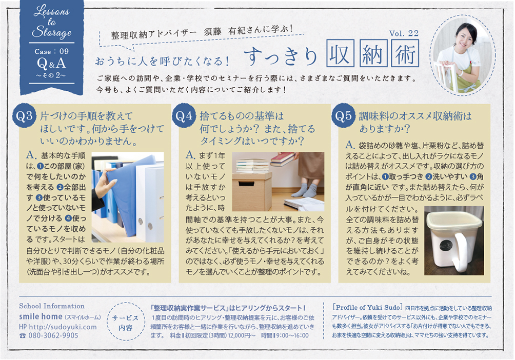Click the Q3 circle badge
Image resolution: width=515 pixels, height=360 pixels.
(x=24, y=115)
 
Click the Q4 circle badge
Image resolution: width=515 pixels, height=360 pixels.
(x=184, y=115)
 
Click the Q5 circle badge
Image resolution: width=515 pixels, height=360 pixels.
(x=343, y=115)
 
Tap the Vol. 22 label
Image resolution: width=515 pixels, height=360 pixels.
(x=404, y=33)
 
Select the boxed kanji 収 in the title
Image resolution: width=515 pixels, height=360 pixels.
(x=340, y=53)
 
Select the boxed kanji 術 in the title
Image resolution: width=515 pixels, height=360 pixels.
(x=405, y=53)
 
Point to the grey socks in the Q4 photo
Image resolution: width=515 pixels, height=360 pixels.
(x=305, y=190)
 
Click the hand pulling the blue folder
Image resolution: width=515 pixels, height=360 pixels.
(x=105, y=186)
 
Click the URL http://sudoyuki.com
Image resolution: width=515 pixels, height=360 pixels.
(x=63, y=327)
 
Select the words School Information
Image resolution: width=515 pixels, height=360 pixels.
(x=52, y=306)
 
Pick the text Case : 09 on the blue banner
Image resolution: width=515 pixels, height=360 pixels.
(x=52, y=52)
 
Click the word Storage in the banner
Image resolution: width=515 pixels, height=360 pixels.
(x=52, y=32)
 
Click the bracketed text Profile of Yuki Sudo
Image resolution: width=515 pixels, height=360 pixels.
(x=367, y=308)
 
